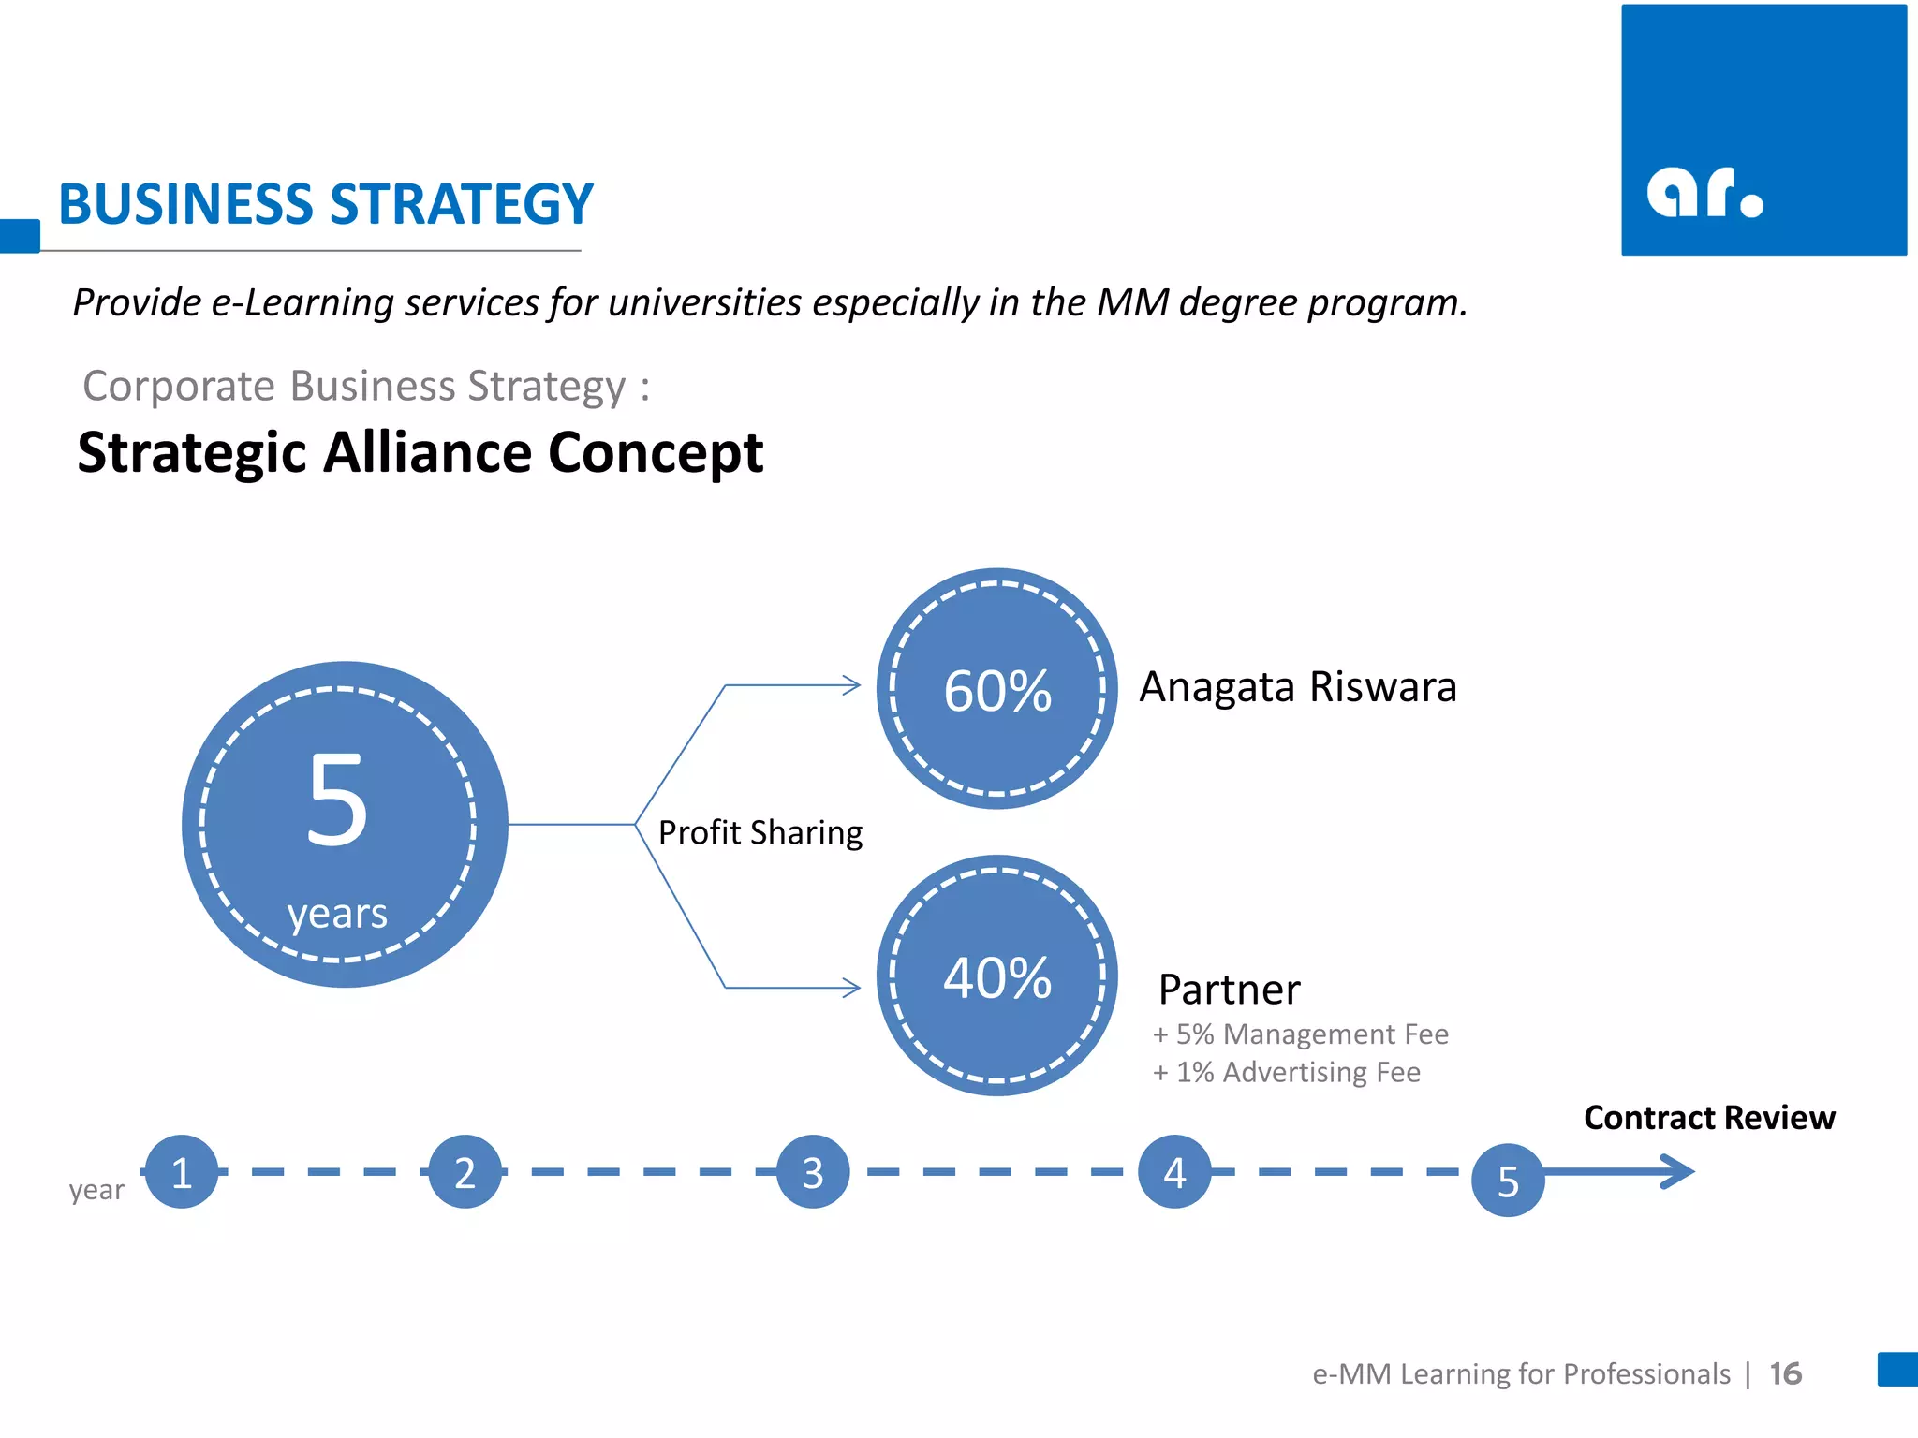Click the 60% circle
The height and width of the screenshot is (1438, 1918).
996,689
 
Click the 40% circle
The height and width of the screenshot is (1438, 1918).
996,976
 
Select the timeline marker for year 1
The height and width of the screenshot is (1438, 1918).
182,1171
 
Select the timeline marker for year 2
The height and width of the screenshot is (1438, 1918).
465,1171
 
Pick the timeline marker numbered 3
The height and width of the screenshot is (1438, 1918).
813,1171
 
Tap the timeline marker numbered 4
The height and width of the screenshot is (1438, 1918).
1174,1171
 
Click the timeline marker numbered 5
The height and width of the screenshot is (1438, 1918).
1508,1180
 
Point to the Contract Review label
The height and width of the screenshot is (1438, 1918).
1709,1117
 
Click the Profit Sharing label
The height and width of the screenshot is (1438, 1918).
760,832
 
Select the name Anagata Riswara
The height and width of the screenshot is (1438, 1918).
1298,686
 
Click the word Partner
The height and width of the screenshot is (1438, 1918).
1229,990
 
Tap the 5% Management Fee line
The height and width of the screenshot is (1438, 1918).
1301,1034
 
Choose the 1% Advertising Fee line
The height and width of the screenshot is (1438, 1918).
1287,1072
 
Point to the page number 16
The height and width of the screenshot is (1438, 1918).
1785,1373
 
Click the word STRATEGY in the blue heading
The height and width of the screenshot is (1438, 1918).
462,204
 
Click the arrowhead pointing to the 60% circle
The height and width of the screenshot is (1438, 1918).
851,685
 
